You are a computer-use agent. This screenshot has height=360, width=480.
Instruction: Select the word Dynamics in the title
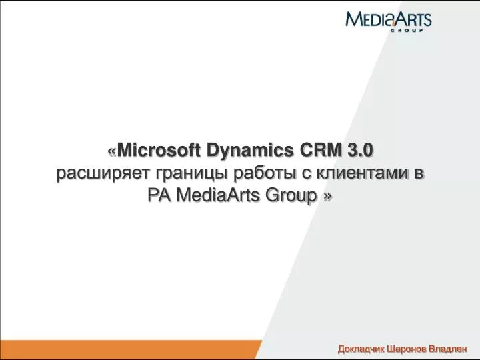[250, 151]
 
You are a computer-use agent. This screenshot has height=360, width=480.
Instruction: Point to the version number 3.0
[360, 150]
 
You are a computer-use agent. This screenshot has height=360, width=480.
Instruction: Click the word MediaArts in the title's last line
[217, 195]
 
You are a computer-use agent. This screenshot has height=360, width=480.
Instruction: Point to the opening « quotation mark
[112, 151]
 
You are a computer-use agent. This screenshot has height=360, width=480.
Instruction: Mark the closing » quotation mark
[327, 197]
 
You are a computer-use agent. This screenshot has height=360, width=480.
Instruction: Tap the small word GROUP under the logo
[407, 30]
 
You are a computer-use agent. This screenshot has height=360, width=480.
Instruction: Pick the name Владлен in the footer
[448, 349]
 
